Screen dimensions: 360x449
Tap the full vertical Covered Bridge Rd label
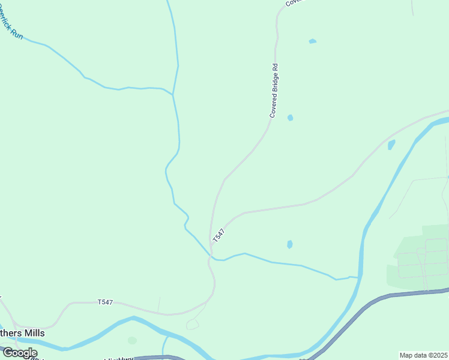click(275, 90)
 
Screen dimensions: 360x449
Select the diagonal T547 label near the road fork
click(218, 235)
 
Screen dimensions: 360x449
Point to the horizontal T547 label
click(105, 302)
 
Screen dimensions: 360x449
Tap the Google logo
click(20, 353)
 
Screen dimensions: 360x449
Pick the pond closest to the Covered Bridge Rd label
click(290, 118)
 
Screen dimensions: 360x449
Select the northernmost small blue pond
click(312, 41)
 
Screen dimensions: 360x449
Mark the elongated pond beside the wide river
click(391, 145)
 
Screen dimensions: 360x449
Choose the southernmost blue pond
click(290, 244)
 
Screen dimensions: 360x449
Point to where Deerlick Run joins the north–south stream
click(173, 94)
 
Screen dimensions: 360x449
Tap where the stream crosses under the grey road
click(211, 257)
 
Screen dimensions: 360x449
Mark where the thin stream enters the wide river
click(358, 277)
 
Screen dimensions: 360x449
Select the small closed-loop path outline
click(192, 325)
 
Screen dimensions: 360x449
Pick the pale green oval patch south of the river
click(132, 340)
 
